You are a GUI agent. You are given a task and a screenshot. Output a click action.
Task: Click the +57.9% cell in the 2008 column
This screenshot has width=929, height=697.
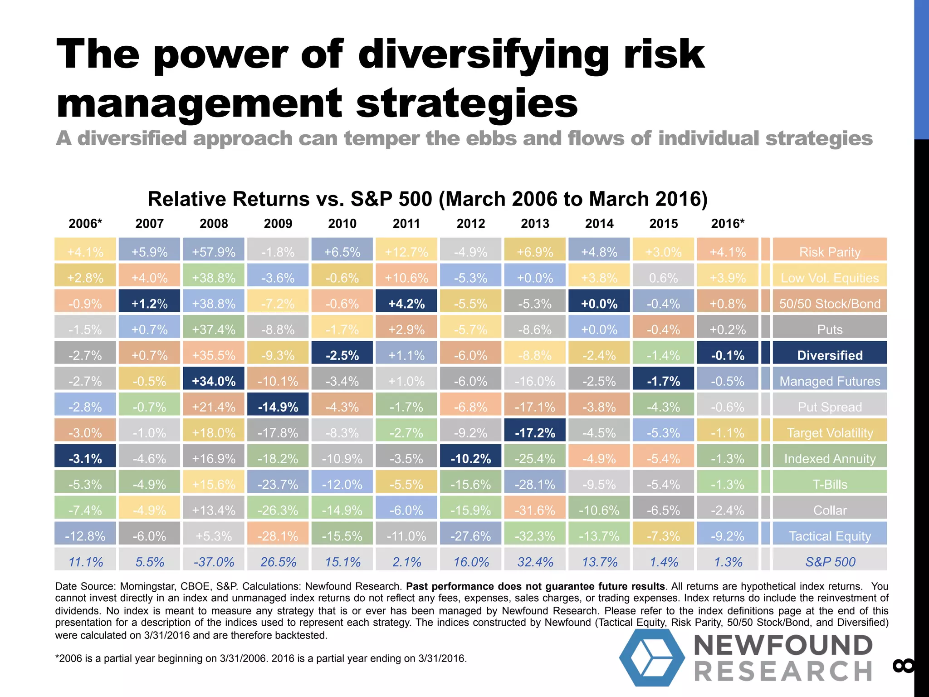[x=214, y=252]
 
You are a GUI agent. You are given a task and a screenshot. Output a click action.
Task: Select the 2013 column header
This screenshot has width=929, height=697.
[x=535, y=223]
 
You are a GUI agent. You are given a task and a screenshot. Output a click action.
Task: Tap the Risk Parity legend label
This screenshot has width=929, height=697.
[x=830, y=252]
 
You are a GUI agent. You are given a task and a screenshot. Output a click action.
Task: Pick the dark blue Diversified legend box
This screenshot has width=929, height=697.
[x=830, y=355]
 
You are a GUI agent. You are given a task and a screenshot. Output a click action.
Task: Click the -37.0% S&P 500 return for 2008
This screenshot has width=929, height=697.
[x=214, y=562]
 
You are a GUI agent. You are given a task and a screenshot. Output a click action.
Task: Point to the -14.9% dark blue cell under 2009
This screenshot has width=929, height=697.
[x=278, y=407]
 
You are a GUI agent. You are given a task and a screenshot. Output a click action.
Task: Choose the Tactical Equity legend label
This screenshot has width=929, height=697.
[x=830, y=536]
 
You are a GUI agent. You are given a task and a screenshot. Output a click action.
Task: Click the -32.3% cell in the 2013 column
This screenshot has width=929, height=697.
[x=535, y=536]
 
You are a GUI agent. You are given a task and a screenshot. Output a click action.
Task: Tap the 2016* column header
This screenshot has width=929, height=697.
[x=728, y=223]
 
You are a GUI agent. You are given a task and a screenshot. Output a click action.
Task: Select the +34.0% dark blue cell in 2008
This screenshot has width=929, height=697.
[x=214, y=381]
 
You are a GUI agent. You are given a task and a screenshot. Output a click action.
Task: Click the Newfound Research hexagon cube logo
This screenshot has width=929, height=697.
[x=652, y=657]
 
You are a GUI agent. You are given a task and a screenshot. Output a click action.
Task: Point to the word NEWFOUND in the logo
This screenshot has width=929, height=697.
[x=783, y=645]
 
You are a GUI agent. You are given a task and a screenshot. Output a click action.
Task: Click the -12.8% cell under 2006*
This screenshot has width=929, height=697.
[x=85, y=536]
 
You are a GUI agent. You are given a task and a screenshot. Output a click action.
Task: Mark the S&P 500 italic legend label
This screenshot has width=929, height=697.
[x=830, y=562]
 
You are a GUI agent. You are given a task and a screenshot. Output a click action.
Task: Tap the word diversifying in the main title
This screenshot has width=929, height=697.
[x=483, y=54]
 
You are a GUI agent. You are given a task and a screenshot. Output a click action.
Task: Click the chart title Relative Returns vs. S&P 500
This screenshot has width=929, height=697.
[x=427, y=199]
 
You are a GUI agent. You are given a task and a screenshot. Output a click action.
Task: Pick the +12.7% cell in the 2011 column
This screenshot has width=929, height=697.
[x=406, y=252]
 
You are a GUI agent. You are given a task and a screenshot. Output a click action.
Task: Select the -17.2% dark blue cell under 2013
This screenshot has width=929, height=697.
[x=535, y=432]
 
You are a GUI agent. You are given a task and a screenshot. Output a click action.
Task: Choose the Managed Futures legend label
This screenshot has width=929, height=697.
[x=830, y=381]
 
